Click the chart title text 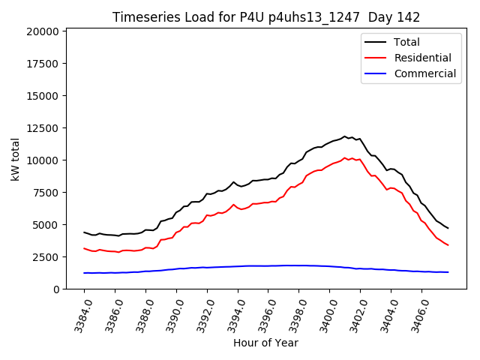pyautogui.click(x=265, y=17)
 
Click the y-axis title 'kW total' pyautogui.click(x=16, y=158)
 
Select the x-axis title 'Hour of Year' pyautogui.click(x=265, y=343)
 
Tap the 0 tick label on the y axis pyautogui.click(x=55, y=289)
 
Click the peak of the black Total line pyautogui.click(x=345, y=136)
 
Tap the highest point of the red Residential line pyautogui.click(x=345, y=158)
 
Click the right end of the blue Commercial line pyautogui.click(x=448, y=272)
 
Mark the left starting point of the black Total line pyautogui.click(x=84, y=232)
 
